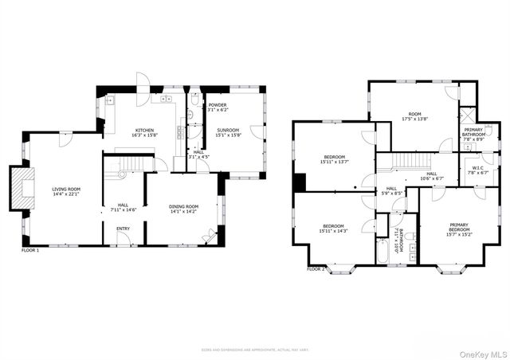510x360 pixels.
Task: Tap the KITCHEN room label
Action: click(x=144, y=130)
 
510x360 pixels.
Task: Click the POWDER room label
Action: click(x=218, y=105)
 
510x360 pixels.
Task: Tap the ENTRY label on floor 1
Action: click(x=124, y=229)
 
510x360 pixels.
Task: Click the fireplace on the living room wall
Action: click(x=23, y=189)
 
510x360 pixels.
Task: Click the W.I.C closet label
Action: click(x=478, y=168)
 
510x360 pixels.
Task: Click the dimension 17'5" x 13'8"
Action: click(x=414, y=119)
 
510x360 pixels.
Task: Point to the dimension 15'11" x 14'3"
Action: click(x=334, y=230)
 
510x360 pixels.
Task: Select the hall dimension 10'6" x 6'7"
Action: click(x=431, y=178)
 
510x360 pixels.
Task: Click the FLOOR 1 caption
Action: click(x=30, y=250)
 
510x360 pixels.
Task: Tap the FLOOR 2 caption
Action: click(x=316, y=269)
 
